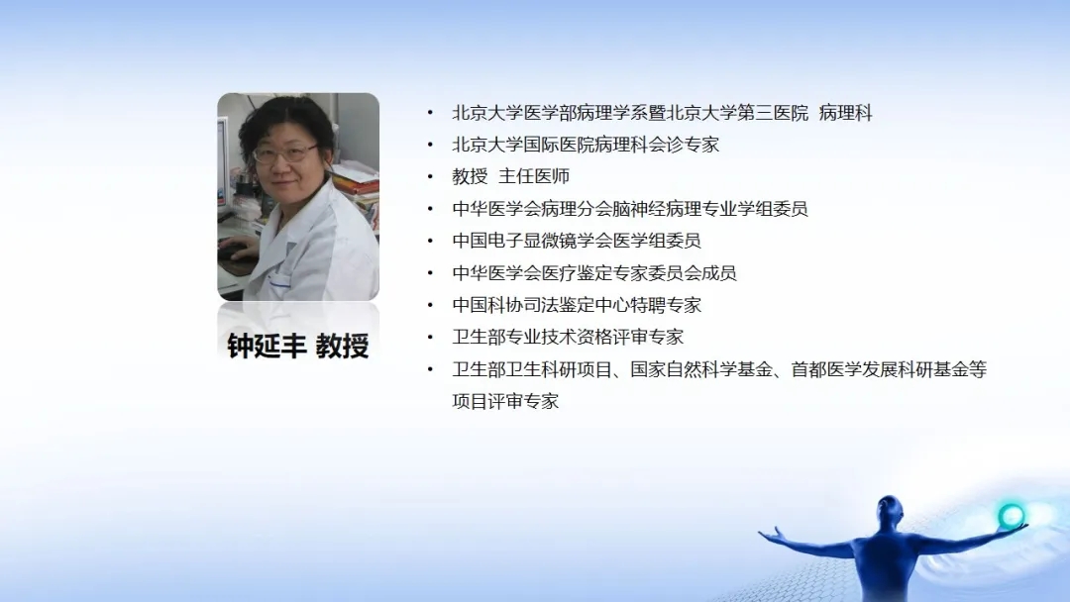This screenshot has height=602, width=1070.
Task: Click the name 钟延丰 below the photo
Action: (267, 346)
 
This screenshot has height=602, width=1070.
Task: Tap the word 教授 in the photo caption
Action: (343, 346)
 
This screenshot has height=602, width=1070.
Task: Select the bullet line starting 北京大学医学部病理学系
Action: (662, 113)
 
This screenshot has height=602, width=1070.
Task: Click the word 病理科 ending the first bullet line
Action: (845, 113)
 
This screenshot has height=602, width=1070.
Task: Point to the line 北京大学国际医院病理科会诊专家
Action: (586, 145)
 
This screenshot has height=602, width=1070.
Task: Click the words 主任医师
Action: (534, 176)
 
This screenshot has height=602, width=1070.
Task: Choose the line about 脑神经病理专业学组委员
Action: (630, 209)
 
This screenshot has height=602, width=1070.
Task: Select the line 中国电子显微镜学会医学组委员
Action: (577, 241)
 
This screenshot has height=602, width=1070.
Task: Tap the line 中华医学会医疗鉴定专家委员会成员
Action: (594, 272)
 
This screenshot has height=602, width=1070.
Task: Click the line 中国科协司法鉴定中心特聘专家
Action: (577, 305)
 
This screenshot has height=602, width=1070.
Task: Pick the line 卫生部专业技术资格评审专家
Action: (568, 337)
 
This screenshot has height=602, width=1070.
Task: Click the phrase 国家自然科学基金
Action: (701, 369)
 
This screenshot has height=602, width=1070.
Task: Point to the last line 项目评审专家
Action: (505, 401)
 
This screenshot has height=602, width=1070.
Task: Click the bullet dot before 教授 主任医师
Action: (430, 176)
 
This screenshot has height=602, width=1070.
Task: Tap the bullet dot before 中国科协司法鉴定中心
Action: (430, 305)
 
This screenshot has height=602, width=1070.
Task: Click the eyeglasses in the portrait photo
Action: (285, 153)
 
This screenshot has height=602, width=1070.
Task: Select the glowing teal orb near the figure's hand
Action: (1011, 515)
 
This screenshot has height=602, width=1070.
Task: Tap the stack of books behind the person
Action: (357, 183)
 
